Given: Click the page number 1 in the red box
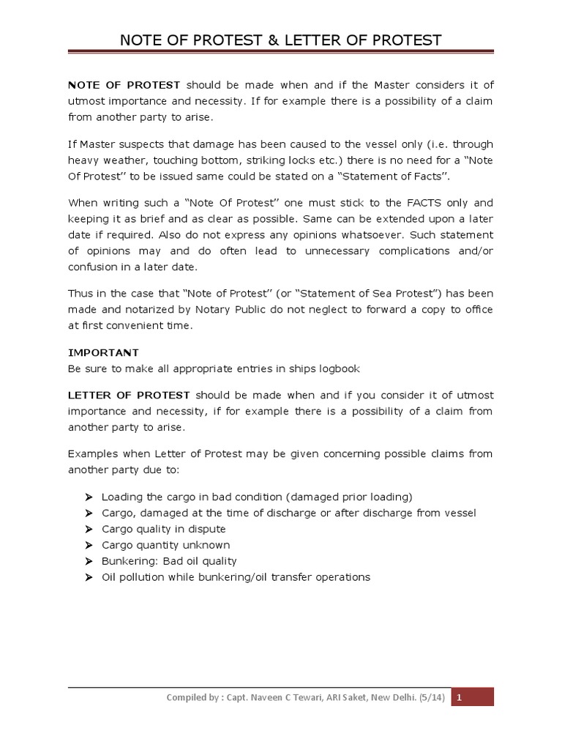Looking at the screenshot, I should (x=459, y=698).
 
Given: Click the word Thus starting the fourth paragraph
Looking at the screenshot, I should (x=80, y=294).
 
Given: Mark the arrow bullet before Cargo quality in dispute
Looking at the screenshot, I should (x=89, y=529).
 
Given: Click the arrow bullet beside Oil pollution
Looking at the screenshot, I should (x=89, y=577).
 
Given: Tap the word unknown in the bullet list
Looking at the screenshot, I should (x=206, y=545).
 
